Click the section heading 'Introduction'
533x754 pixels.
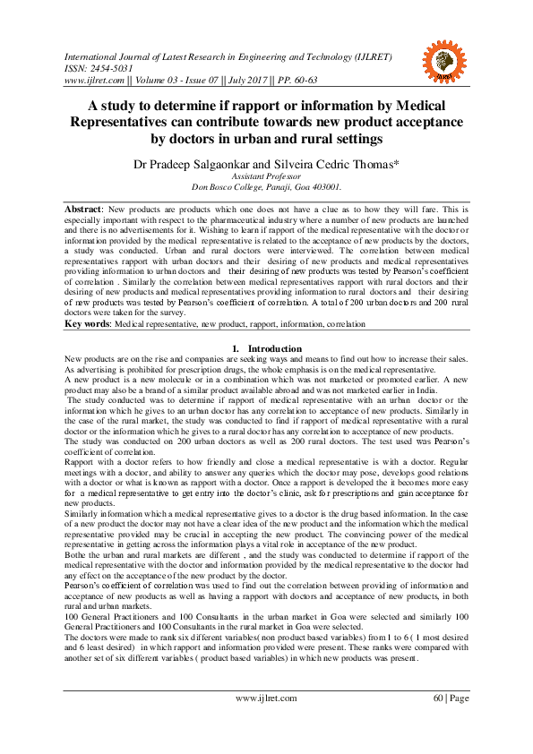pos(274,347)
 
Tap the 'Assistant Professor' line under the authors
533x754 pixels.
pos(265,177)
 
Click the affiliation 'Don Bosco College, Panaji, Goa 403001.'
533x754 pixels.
pos(265,188)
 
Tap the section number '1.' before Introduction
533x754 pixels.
pos(236,347)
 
